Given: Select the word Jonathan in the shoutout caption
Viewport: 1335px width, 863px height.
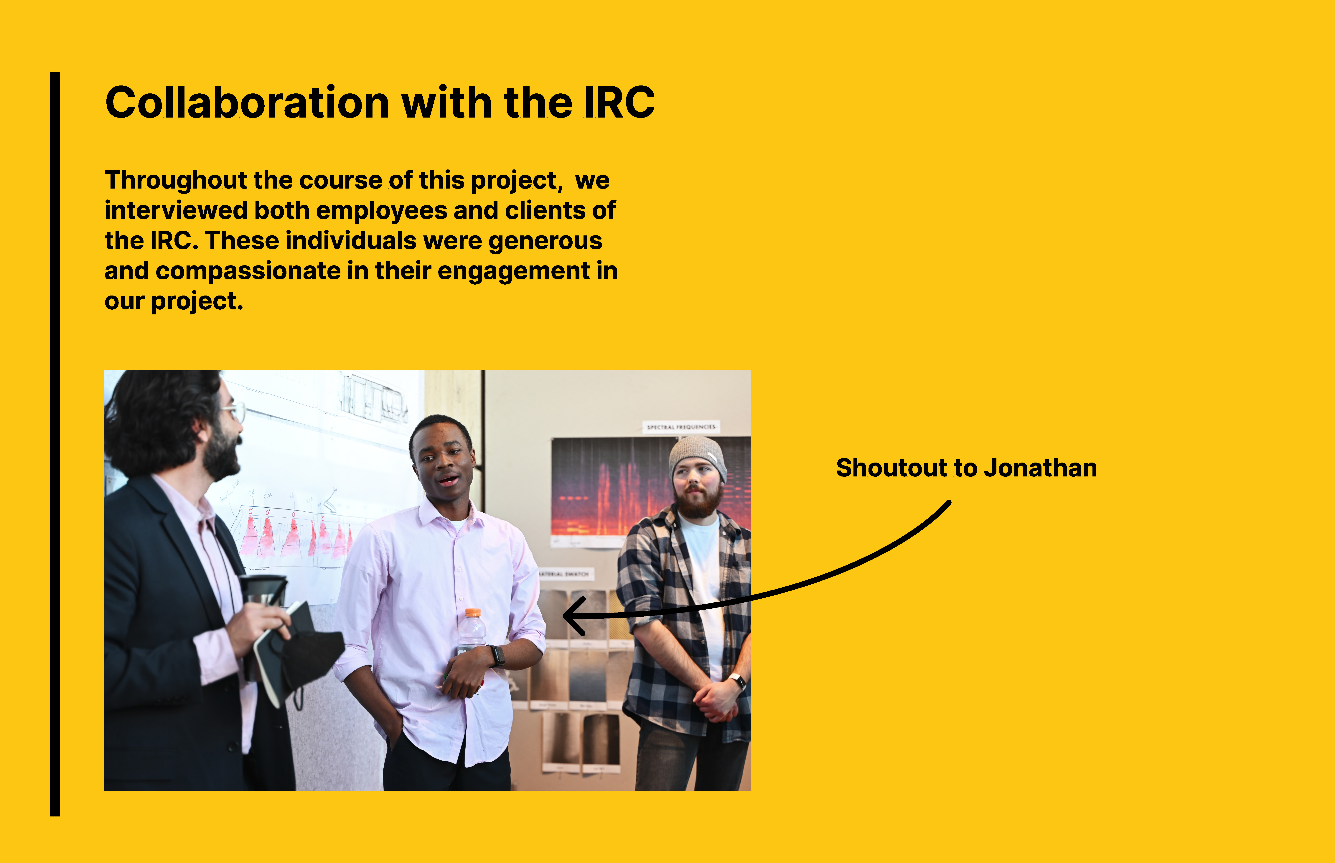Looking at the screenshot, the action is point(1040,468).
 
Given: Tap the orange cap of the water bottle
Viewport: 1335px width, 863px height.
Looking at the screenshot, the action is point(473,613).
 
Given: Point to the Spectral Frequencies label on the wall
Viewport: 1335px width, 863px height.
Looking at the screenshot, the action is point(681,427).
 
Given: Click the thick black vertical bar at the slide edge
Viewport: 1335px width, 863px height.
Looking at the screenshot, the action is point(54,444).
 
